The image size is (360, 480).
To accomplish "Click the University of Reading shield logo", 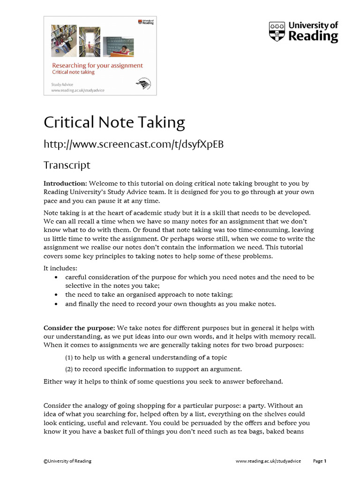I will (x=277, y=32).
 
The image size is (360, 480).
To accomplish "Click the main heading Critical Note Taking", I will (x=114, y=122).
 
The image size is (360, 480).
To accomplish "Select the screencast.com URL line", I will (x=134, y=144).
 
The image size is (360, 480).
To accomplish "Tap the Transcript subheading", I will (x=67, y=165).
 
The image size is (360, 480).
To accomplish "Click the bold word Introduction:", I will (x=65, y=183).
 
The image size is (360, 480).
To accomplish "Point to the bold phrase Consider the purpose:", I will (x=79, y=328).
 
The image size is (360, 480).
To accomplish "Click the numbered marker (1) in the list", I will (x=69, y=358).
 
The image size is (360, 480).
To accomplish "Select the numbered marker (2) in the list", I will (x=69, y=369).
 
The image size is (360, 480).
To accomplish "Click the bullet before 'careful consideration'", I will (x=56, y=277).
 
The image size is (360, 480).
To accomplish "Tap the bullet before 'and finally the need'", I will (x=56, y=304).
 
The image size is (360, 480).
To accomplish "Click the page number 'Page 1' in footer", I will (x=319, y=461).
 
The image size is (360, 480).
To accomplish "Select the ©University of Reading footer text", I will (x=67, y=461).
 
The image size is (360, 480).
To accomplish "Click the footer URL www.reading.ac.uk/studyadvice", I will (x=268, y=461).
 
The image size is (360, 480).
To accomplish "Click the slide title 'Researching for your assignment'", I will (x=97, y=66).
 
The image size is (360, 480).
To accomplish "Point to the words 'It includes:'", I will (x=60, y=268).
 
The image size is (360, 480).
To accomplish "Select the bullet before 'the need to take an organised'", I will (x=56, y=295).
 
